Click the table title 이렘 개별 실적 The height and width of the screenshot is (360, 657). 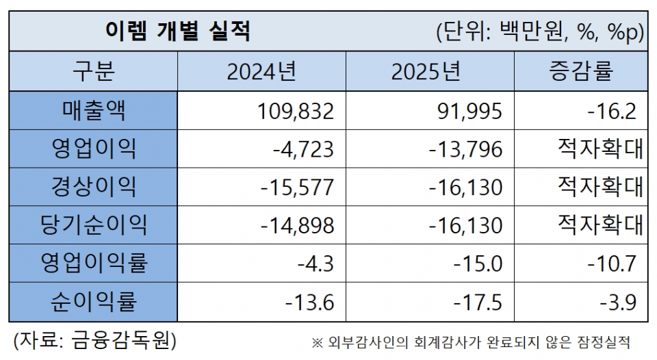point(177,31)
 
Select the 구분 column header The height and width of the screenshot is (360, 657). point(93,71)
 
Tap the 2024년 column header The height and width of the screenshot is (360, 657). point(261,71)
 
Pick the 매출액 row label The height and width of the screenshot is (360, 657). point(93,110)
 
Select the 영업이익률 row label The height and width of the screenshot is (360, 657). point(93,263)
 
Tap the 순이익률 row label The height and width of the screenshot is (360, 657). point(93,301)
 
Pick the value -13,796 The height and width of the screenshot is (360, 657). point(465,149)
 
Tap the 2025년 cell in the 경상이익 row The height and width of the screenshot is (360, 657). point(465,187)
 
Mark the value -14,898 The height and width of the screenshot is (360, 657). point(297,225)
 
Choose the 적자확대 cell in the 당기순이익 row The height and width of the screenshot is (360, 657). point(600,224)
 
